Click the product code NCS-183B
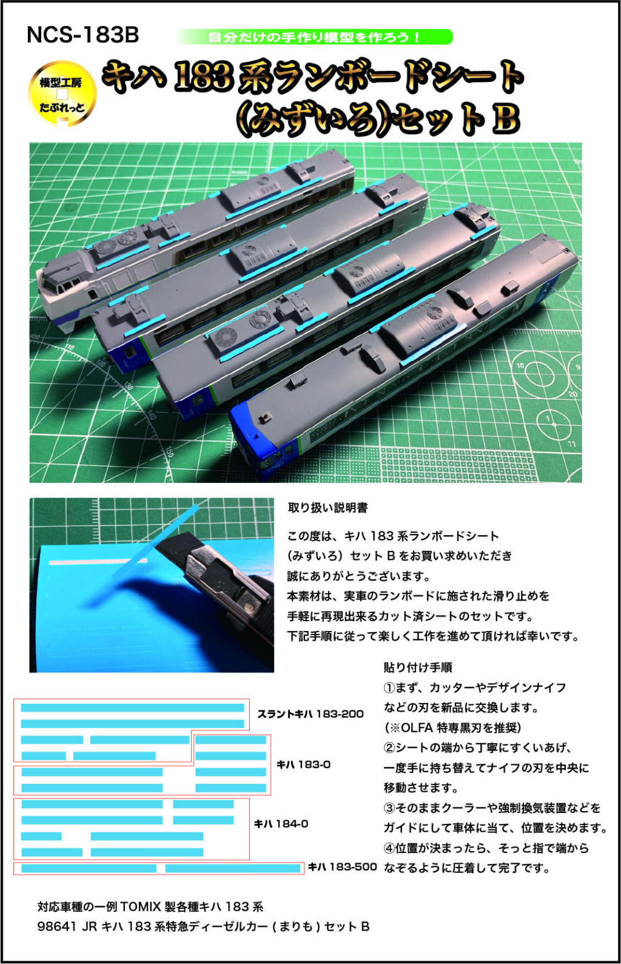[x=83, y=35]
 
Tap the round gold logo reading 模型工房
[x=62, y=94]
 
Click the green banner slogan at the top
[x=314, y=37]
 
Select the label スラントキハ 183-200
[x=310, y=714]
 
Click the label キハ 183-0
[x=303, y=764]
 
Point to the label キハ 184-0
[x=281, y=824]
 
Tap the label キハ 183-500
[x=342, y=867]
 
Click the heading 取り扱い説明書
[x=327, y=508]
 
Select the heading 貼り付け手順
[x=418, y=667]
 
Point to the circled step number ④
[x=389, y=848]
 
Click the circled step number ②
[x=389, y=747]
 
